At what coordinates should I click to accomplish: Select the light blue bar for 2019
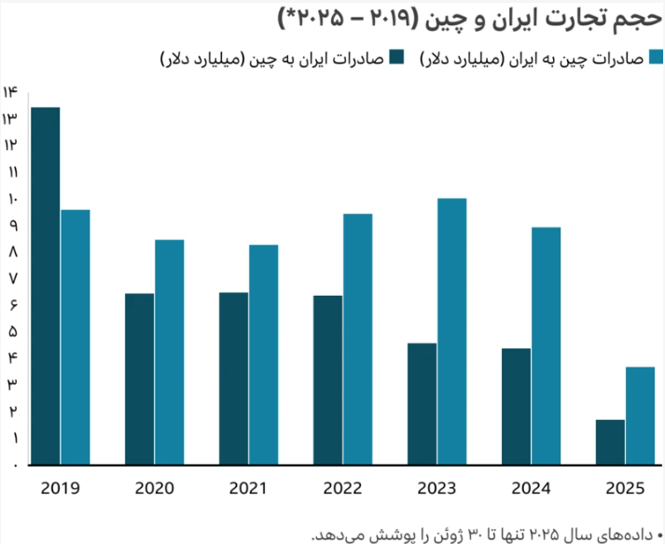click(76, 337)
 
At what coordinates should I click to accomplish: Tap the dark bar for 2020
click(139, 379)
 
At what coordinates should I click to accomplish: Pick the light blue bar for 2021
click(264, 355)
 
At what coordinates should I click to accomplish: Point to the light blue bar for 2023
click(451, 331)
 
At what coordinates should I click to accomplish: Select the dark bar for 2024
click(516, 406)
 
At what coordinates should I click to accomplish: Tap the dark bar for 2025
click(610, 441)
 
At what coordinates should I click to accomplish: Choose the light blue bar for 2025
click(641, 415)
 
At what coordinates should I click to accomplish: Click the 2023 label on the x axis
click(436, 487)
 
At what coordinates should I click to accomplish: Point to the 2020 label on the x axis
click(155, 487)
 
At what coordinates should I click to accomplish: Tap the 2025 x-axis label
click(625, 487)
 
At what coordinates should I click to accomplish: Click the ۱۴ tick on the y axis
click(11, 91)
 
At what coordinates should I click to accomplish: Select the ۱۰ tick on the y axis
click(11, 199)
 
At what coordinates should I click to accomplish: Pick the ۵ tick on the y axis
click(12, 331)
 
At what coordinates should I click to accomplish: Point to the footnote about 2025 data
click(484, 533)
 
